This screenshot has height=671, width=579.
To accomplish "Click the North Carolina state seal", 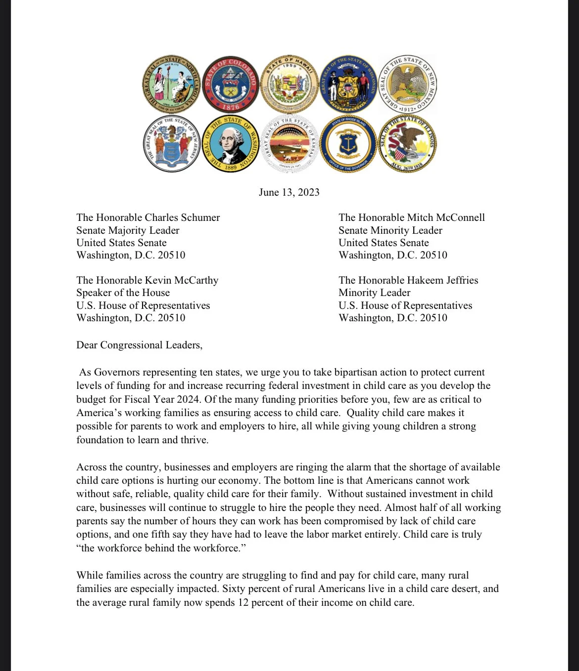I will (x=171, y=84).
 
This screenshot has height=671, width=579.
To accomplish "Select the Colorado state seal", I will (x=231, y=84).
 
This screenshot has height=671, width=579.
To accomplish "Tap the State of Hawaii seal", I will (x=289, y=84).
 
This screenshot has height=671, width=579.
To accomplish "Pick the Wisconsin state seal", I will (x=348, y=84).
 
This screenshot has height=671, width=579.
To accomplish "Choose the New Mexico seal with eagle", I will (x=408, y=84).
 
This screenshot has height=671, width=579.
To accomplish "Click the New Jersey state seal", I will (x=171, y=143).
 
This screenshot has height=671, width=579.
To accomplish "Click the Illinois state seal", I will (x=408, y=143).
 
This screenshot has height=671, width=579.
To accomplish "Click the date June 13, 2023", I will (x=289, y=192).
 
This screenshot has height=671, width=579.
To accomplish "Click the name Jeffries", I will (x=457, y=280).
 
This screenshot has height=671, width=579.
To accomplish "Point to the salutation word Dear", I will (x=87, y=345).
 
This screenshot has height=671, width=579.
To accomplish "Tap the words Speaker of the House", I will (x=123, y=293).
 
